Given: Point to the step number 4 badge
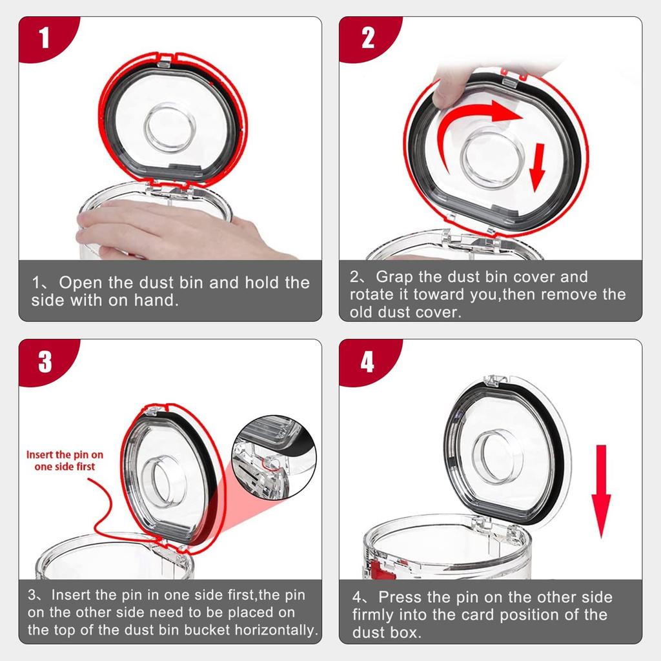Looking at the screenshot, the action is (x=367, y=361).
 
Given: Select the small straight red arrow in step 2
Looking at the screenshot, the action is (x=538, y=167).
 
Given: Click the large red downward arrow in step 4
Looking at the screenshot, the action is (x=601, y=491).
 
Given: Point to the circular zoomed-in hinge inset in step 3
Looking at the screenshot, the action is (x=274, y=458).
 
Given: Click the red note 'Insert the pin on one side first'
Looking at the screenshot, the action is (x=65, y=460).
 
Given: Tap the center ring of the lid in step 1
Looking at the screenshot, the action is (x=170, y=127).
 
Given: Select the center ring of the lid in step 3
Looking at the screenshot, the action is (x=162, y=480).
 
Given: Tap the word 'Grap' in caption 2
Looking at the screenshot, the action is (x=394, y=277).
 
